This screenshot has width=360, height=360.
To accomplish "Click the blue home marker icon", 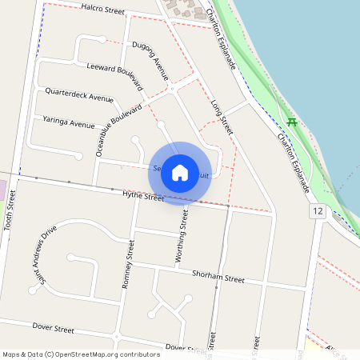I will click(x=180, y=173).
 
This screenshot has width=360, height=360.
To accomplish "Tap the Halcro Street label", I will click(x=104, y=10).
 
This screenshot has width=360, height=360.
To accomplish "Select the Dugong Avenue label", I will click(x=151, y=61).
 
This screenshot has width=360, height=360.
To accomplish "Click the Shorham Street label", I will click(x=218, y=277).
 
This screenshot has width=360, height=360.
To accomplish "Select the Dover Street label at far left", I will click(x=53, y=328).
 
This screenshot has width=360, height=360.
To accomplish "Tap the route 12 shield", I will click(x=318, y=210).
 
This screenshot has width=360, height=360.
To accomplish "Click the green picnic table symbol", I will click(x=292, y=122).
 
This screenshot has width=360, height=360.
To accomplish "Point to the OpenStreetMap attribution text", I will click(x=81, y=354).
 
